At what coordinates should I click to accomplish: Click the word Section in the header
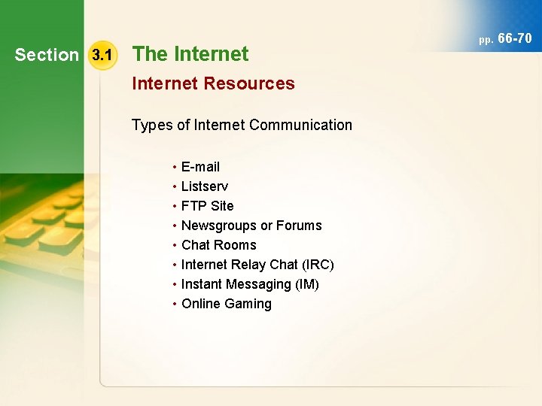pos(47,55)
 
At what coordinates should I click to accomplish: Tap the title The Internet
pos(190,54)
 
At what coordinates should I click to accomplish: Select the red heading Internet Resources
pos(213,83)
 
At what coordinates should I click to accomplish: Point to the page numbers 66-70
pos(515,38)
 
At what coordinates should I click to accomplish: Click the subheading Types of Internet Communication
pos(242,125)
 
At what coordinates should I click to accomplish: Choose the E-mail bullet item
pos(200,166)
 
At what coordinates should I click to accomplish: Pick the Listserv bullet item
pos(205,186)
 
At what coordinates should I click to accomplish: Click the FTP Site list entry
pos(207,205)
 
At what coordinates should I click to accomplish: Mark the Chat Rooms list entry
pos(218,244)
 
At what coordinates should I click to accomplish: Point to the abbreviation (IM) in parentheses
pos(306,283)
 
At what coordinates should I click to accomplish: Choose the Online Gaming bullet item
pos(226,304)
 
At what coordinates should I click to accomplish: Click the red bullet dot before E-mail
pos(174,166)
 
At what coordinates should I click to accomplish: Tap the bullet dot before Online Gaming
pos(174,304)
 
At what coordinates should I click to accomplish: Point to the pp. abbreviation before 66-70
pos(486,38)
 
